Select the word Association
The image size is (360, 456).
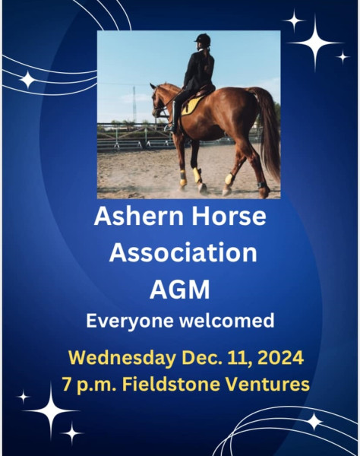tap(183, 252)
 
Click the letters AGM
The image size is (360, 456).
tap(179, 290)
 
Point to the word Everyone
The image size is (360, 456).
tap(130, 321)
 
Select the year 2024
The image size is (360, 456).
tap(280, 357)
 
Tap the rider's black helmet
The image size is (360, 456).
tap(203, 39)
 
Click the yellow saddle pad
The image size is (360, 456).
tap(191, 105)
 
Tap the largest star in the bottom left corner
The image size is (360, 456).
tap(52, 410)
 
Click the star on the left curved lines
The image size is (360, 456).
tap(28, 79)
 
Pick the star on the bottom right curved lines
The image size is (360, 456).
tap(314, 421)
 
